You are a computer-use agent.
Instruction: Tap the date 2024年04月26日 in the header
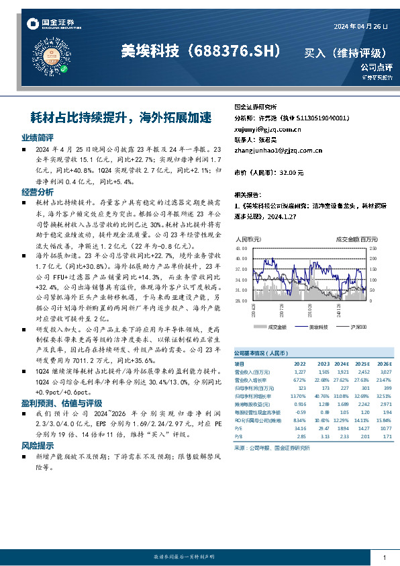361,26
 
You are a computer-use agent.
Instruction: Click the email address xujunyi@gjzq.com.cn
258,128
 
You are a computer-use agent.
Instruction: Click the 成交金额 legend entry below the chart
277,327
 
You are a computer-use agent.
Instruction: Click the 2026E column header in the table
382,364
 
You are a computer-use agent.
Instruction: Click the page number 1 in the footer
384,559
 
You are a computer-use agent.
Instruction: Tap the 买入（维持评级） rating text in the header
345,52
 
